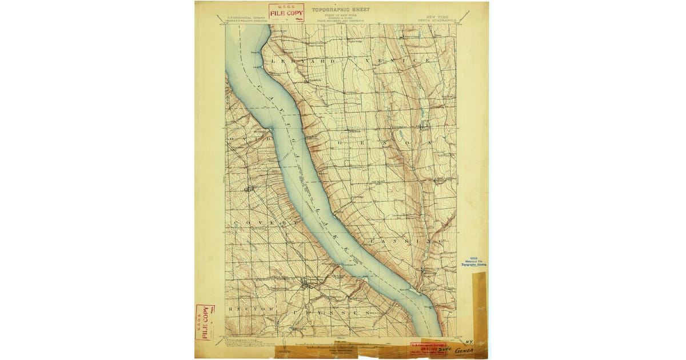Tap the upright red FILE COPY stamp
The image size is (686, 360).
[x=286, y=13]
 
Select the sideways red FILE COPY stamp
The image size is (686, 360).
[x=204, y=322]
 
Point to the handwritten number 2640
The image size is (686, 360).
[x=445, y=347]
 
